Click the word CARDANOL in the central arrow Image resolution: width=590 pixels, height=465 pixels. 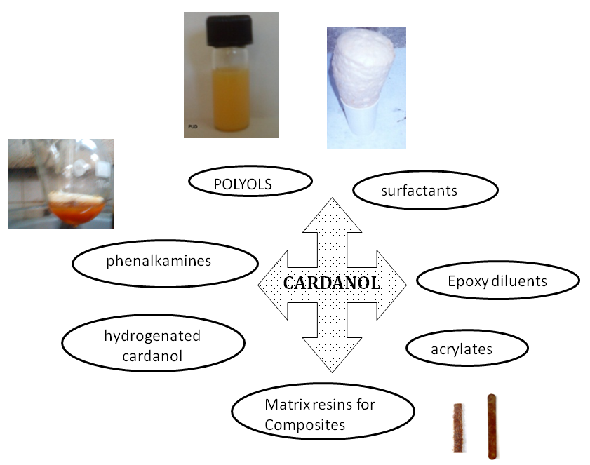click(x=332, y=284)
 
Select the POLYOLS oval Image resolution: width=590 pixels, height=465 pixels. click(x=250, y=182)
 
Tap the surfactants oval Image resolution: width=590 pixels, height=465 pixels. click(x=424, y=190)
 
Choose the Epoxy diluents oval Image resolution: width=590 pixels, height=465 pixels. click(x=497, y=281)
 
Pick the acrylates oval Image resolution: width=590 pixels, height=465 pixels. click(x=467, y=348)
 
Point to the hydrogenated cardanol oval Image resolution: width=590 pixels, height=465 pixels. click(x=153, y=345)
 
